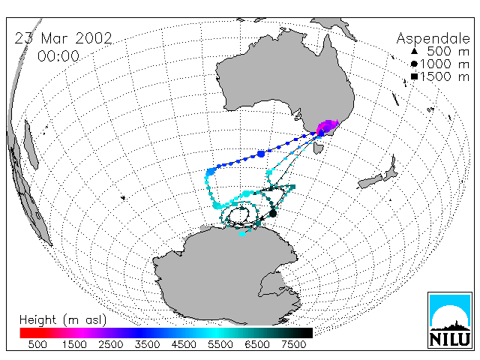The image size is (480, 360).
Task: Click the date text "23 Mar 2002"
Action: (x=63, y=38)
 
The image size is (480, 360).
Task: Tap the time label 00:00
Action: (x=58, y=56)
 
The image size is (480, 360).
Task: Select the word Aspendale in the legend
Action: (x=433, y=39)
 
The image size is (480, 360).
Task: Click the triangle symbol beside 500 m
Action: (x=414, y=51)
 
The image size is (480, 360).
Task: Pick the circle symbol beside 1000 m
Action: (x=414, y=64)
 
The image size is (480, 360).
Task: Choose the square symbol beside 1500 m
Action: (x=414, y=76)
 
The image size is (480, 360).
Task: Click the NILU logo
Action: (x=450, y=320)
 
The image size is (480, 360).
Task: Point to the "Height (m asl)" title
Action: (x=63, y=320)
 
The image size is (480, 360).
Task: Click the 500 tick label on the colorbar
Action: (x=37, y=344)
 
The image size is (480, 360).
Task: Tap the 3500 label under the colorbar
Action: (x=147, y=344)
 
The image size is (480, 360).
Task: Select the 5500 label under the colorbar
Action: (x=220, y=344)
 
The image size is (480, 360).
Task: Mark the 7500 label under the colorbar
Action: (x=293, y=344)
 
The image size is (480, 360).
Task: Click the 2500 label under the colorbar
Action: (x=111, y=344)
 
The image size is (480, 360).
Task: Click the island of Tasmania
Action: (x=318, y=148)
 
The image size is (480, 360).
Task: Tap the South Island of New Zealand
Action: (x=370, y=181)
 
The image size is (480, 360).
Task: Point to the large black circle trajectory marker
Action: (x=273, y=213)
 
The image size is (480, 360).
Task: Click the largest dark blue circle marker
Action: (x=261, y=154)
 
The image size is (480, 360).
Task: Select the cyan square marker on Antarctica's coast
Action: (x=242, y=234)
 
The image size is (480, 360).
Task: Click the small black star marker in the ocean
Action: (x=123, y=198)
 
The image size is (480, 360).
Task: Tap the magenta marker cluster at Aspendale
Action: (x=328, y=126)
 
